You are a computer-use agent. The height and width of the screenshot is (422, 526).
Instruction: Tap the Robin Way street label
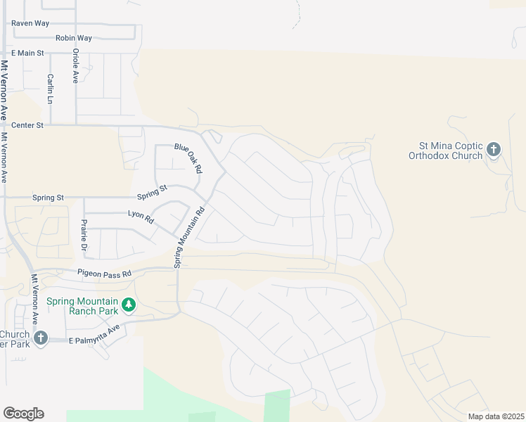pyautogui.click(x=74, y=38)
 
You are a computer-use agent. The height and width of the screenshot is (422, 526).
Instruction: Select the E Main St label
pyautogui.click(x=27, y=53)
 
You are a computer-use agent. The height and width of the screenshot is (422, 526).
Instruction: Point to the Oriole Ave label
pyautogui.click(x=75, y=65)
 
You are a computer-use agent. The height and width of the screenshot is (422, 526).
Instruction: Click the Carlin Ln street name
pyautogui.click(x=51, y=89)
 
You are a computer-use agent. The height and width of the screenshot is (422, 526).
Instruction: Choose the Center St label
pyautogui.click(x=27, y=124)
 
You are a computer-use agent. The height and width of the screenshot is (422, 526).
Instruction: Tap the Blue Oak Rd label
pyautogui.click(x=188, y=158)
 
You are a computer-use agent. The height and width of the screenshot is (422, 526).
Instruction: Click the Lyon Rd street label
pyautogui.click(x=141, y=217)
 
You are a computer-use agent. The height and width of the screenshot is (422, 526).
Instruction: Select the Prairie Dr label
pyautogui.click(x=84, y=235)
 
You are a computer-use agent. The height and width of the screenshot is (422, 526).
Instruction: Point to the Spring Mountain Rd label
pyautogui.click(x=188, y=237)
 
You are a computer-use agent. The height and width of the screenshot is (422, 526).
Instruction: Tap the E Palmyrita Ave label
pyautogui.click(x=95, y=334)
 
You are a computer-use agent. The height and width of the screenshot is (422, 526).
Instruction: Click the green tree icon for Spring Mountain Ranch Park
pyautogui.click(x=128, y=305)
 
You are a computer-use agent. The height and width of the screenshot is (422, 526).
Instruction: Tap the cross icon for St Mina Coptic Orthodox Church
pyautogui.click(x=494, y=149)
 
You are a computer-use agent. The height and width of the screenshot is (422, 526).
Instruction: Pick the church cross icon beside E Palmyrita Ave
pyautogui.click(x=41, y=338)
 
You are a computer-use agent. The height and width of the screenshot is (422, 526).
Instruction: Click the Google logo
pyautogui.click(x=23, y=414)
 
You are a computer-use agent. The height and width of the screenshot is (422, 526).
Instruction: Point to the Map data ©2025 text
pyautogui.click(x=496, y=416)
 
